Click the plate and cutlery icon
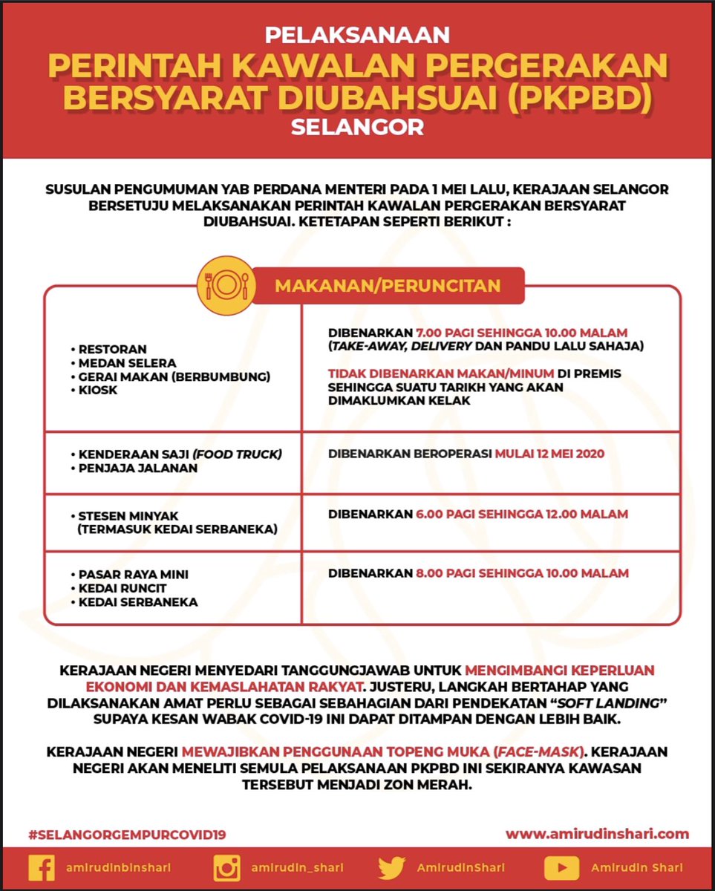coord(226,286)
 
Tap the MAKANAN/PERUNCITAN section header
coord(388,286)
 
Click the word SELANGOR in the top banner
coord(357,127)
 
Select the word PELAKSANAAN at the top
coord(357,34)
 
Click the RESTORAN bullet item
coord(113,349)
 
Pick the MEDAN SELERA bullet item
coord(128,362)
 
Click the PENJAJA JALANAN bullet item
coord(138,468)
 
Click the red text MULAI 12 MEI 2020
coord(549,454)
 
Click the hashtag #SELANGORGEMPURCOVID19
coord(127,835)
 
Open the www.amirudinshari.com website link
coord(597,834)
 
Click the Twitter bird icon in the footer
coord(391,868)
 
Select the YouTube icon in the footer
coord(561,868)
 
